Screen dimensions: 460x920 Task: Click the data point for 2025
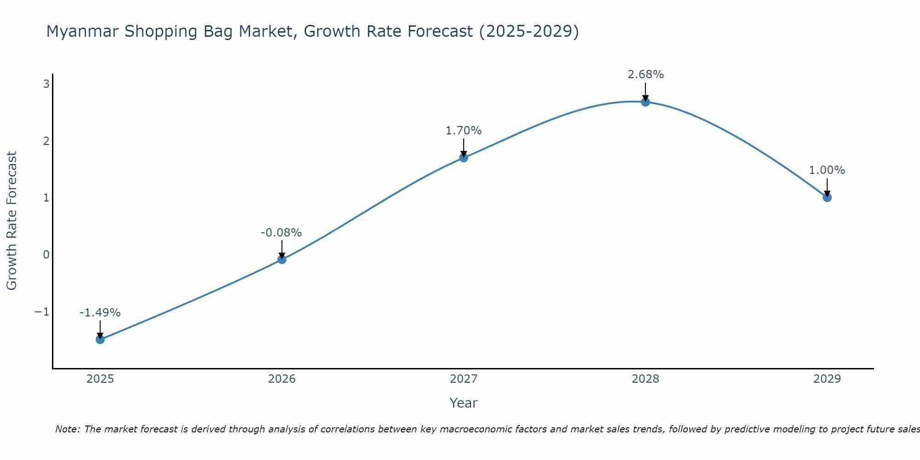(x=100, y=339)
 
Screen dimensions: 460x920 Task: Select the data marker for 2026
(x=282, y=259)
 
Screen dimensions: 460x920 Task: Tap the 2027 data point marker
(x=464, y=158)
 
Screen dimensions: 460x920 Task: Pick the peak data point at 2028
(x=645, y=102)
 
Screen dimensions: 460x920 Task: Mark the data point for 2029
(x=827, y=197)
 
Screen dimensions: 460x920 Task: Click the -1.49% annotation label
(x=100, y=313)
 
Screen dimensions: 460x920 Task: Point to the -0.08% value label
(x=281, y=233)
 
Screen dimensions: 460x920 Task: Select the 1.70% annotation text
(x=464, y=131)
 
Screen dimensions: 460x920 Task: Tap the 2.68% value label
(x=646, y=75)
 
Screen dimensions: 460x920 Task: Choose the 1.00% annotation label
(x=827, y=170)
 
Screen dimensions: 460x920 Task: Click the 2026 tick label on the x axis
(x=282, y=379)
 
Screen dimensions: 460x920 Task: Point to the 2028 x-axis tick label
(x=645, y=379)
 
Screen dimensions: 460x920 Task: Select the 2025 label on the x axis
(x=100, y=379)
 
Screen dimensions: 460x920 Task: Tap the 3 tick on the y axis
(x=46, y=84)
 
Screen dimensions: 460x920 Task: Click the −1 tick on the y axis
(x=42, y=312)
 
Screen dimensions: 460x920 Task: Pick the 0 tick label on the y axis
(x=46, y=255)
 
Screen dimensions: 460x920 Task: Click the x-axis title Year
(x=464, y=403)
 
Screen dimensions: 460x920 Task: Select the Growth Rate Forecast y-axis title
(x=11, y=221)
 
